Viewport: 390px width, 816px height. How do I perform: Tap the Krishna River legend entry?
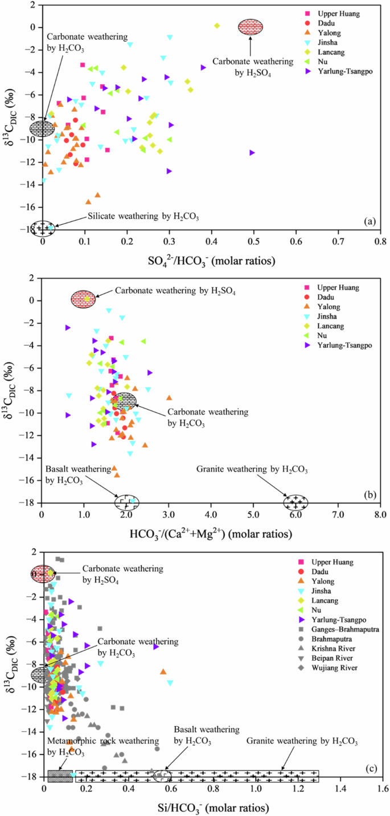(330, 648)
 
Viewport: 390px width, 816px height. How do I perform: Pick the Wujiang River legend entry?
(330, 667)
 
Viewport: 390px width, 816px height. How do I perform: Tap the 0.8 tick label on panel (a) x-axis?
(380, 241)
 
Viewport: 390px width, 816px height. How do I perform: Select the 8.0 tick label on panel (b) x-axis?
(380, 515)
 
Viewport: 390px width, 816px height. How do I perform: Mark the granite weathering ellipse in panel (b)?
(297, 502)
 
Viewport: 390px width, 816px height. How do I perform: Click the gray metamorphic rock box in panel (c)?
(60, 775)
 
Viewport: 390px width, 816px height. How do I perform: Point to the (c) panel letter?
(371, 770)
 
